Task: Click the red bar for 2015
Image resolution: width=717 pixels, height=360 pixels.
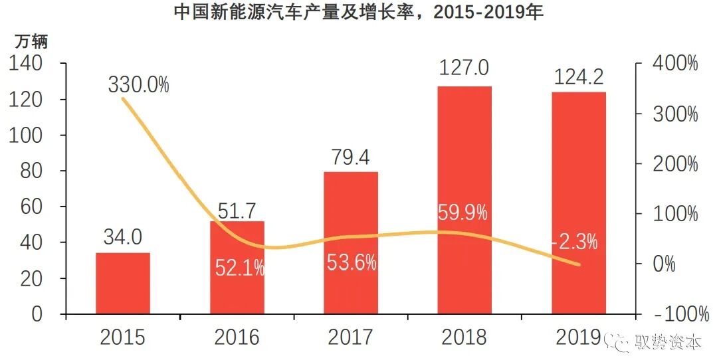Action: tap(123, 283)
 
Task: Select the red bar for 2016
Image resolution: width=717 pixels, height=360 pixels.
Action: tap(237, 267)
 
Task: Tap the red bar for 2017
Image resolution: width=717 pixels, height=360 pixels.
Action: tap(351, 242)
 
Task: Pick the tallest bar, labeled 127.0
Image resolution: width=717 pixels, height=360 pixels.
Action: tap(464, 199)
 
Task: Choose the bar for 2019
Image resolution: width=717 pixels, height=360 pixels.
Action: tap(579, 203)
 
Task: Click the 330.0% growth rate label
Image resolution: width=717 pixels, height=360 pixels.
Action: tap(138, 85)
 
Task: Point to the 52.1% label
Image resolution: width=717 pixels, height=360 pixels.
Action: tap(240, 268)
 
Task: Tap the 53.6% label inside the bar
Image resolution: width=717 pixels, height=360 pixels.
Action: tap(352, 262)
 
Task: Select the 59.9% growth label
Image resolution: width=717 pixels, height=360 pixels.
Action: tap(463, 213)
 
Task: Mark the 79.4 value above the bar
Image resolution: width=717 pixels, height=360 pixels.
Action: tap(350, 158)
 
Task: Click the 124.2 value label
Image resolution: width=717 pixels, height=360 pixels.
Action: tap(578, 78)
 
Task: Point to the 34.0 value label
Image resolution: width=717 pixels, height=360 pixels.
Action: tap(122, 237)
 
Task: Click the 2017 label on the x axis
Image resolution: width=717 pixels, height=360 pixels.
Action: tap(350, 337)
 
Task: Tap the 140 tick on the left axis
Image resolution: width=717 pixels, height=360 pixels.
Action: tap(26, 64)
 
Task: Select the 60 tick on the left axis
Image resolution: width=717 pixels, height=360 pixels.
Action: tap(33, 207)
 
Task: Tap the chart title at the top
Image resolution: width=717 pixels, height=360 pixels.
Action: tap(358, 13)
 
